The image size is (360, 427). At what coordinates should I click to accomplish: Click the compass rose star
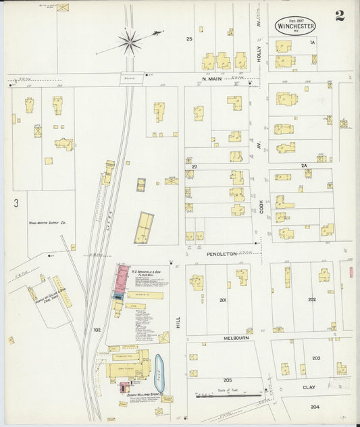(x=130, y=42)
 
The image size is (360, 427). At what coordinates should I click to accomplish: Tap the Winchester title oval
(x=295, y=26)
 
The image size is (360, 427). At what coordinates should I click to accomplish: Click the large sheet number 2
(x=339, y=16)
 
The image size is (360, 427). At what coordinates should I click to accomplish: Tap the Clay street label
(x=309, y=387)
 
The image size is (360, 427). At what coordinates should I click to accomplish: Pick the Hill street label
(x=178, y=324)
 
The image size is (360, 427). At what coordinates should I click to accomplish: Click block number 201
(x=223, y=300)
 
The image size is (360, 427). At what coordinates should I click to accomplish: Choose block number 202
(x=311, y=299)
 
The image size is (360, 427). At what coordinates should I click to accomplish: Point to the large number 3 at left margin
(x=15, y=202)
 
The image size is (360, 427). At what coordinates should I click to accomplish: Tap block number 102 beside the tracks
(x=97, y=330)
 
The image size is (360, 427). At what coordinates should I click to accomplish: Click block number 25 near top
(x=190, y=39)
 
